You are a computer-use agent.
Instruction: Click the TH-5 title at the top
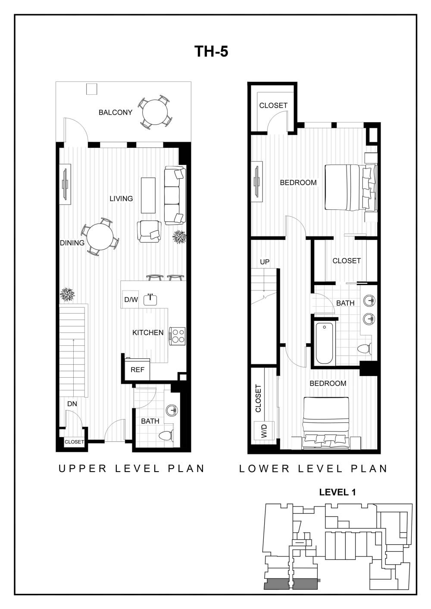pyautogui.click(x=211, y=52)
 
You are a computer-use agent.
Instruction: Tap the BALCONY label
pyautogui.click(x=115, y=112)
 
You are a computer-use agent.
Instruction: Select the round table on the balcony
pyautogui.click(x=155, y=112)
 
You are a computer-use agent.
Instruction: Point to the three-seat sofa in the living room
pyautogui.click(x=175, y=196)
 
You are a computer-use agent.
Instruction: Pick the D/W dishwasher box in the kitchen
pyautogui.click(x=131, y=299)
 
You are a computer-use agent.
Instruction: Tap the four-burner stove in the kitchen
pyautogui.click(x=178, y=336)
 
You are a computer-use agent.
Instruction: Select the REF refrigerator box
pyautogui.click(x=137, y=370)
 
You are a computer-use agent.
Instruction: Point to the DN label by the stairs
pyautogui.click(x=72, y=404)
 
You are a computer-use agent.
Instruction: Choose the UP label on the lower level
pyautogui.click(x=265, y=262)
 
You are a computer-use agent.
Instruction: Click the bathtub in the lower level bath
pyautogui.click(x=324, y=344)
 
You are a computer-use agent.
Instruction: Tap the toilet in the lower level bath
pyautogui.click(x=365, y=349)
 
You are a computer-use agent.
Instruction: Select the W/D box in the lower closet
pyautogui.click(x=264, y=430)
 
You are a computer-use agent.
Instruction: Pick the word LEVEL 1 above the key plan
pyautogui.click(x=337, y=492)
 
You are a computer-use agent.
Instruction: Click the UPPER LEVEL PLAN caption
pyautogui.click(x=131, y=469)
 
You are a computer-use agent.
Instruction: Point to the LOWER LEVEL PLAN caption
pyautogui.click(x=313, y=469)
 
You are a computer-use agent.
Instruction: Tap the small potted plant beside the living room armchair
pyautogui.click(x=179, y=236)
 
